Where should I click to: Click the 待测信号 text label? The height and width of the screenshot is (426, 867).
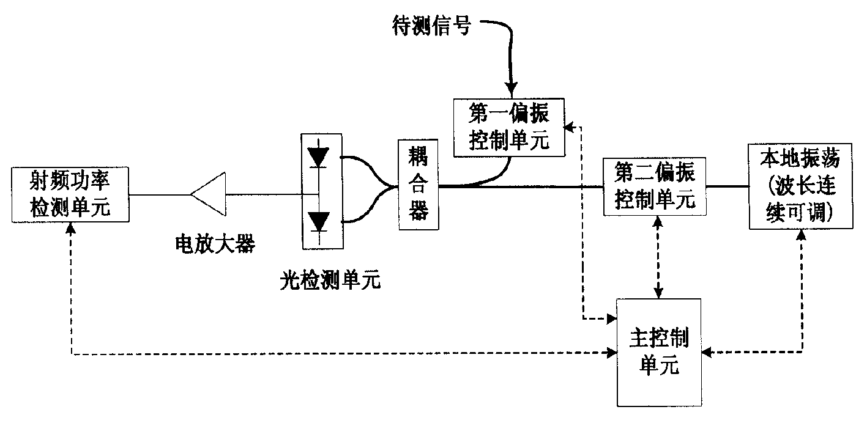(431, 26)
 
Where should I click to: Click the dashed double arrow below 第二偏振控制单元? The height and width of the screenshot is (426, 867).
(658, 257)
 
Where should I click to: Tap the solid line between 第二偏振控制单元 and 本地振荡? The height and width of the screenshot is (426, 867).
(726, 185)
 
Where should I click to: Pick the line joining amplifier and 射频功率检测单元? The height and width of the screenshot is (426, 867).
(160, 195)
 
